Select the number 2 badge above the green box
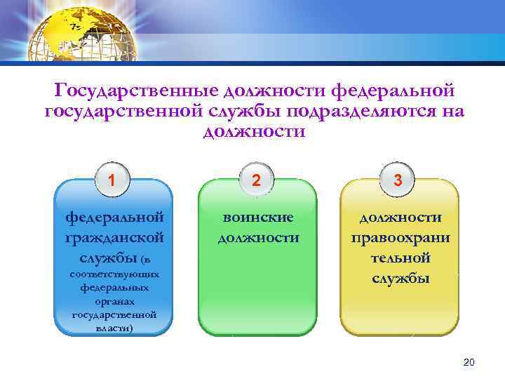pos(257,180)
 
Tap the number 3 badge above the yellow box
pos(398,180)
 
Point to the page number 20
pos(469,361)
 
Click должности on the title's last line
pos(254,132)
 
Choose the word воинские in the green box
pos(257,218)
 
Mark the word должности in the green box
pos(257,238)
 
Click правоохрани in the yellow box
pos(400,238)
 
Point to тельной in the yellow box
pos(400,258)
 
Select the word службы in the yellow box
pos(400,279)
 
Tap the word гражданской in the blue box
pos(114,238)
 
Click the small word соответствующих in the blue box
pos(114,274)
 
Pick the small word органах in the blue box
pos(114,301)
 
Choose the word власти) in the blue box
pos(114,328)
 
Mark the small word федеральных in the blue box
pos(114,288)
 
